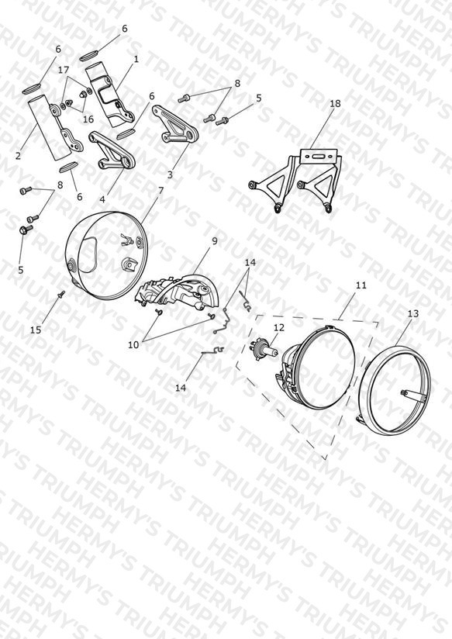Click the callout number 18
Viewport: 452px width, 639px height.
[335, 103]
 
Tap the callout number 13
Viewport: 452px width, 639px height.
[413, 313]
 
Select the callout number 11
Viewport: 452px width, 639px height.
[361, 285]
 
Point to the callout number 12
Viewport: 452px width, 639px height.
[279, 328]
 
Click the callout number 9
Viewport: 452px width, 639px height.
[215, 241]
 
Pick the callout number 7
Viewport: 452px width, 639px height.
[160, 190]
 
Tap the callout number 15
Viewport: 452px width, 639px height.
[36, 330]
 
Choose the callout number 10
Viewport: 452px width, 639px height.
[133, 345]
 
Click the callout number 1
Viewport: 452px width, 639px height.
[136, 59]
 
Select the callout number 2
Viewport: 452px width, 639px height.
[18, 156]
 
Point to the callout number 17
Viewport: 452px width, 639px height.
[64, 70]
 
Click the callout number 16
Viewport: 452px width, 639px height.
[88, 119]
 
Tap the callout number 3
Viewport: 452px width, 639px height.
[170, 174]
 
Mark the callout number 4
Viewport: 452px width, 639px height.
[102, 199]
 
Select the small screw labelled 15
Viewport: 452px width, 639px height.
[62, 293]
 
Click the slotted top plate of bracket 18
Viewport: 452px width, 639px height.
[319, 156]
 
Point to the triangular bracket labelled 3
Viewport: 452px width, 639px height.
[175, 126]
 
